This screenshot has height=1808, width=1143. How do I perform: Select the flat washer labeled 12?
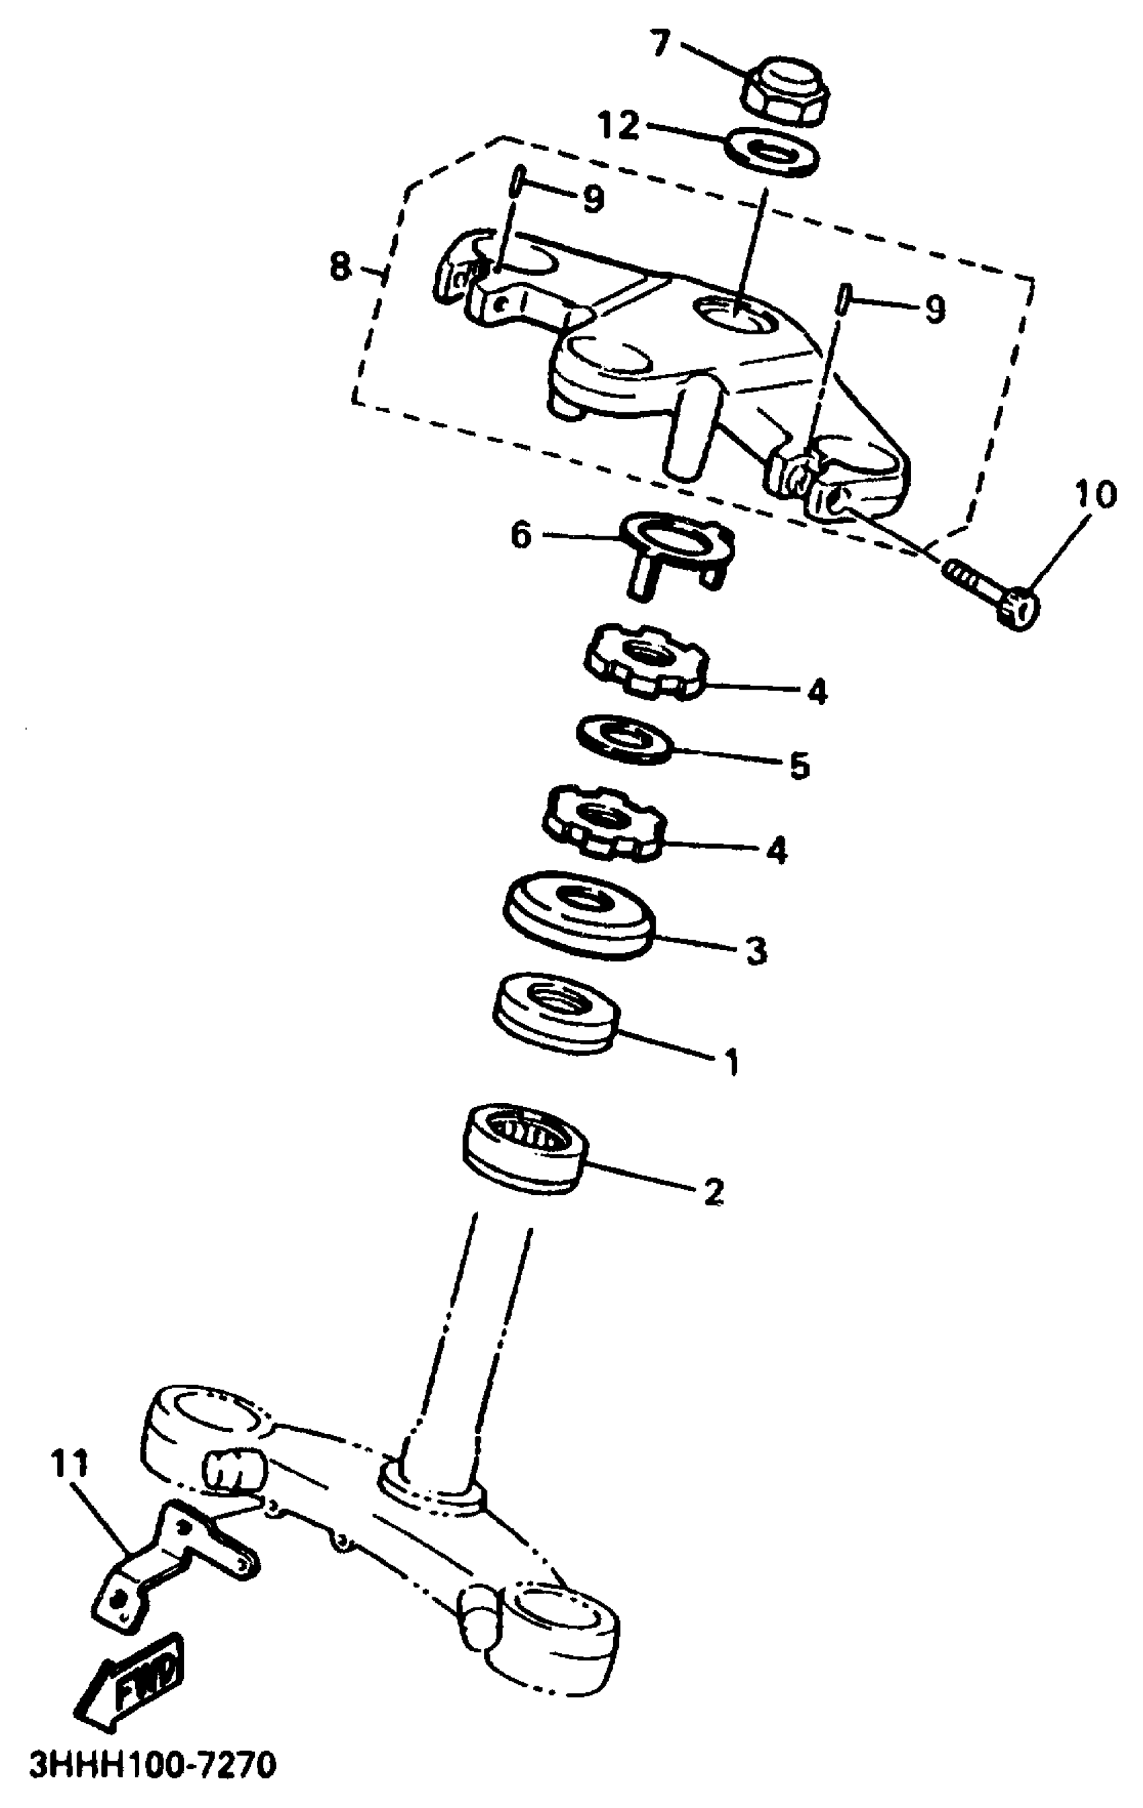click(773, 151)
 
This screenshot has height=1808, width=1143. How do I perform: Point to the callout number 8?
click(341, 266)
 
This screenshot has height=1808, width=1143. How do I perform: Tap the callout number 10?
click(1096, 495)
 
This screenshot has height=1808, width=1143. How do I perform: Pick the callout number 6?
click(521, 536)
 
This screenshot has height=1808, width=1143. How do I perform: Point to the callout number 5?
click(799, 766)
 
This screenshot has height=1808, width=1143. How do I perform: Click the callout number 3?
click(756, 951)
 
